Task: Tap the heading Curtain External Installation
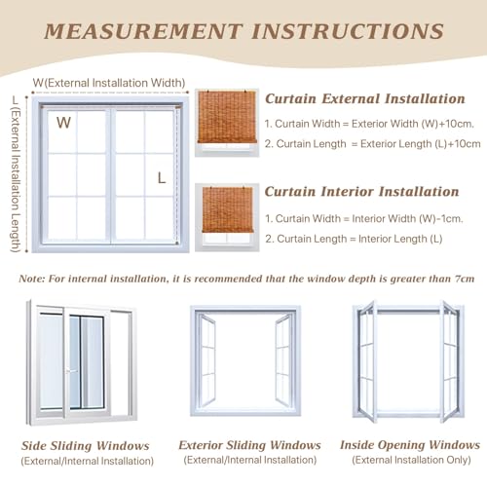coord(364,98)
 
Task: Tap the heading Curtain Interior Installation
coord(361,192)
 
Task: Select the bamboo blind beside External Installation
coord(226,122)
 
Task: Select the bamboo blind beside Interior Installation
coord(226,214)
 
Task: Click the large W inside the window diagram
coord(63,123)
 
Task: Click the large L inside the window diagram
coord(163,177)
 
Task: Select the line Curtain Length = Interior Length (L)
coord(354,239)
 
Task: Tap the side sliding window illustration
coord(81,361)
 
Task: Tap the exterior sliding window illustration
coord(245,360)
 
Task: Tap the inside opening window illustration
coord(407,361)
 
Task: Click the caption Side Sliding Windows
coord(86,445)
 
